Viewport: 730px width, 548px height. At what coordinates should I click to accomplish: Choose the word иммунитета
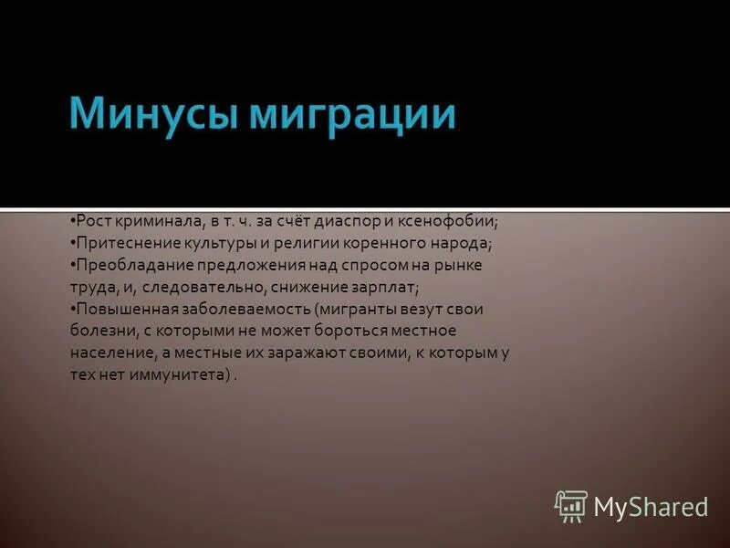pos(178,375)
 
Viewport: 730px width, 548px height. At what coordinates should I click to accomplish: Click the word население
pos(108,353)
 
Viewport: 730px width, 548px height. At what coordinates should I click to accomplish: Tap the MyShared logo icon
pos(571,506)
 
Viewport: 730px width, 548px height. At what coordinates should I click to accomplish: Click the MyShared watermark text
pos(651,506)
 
